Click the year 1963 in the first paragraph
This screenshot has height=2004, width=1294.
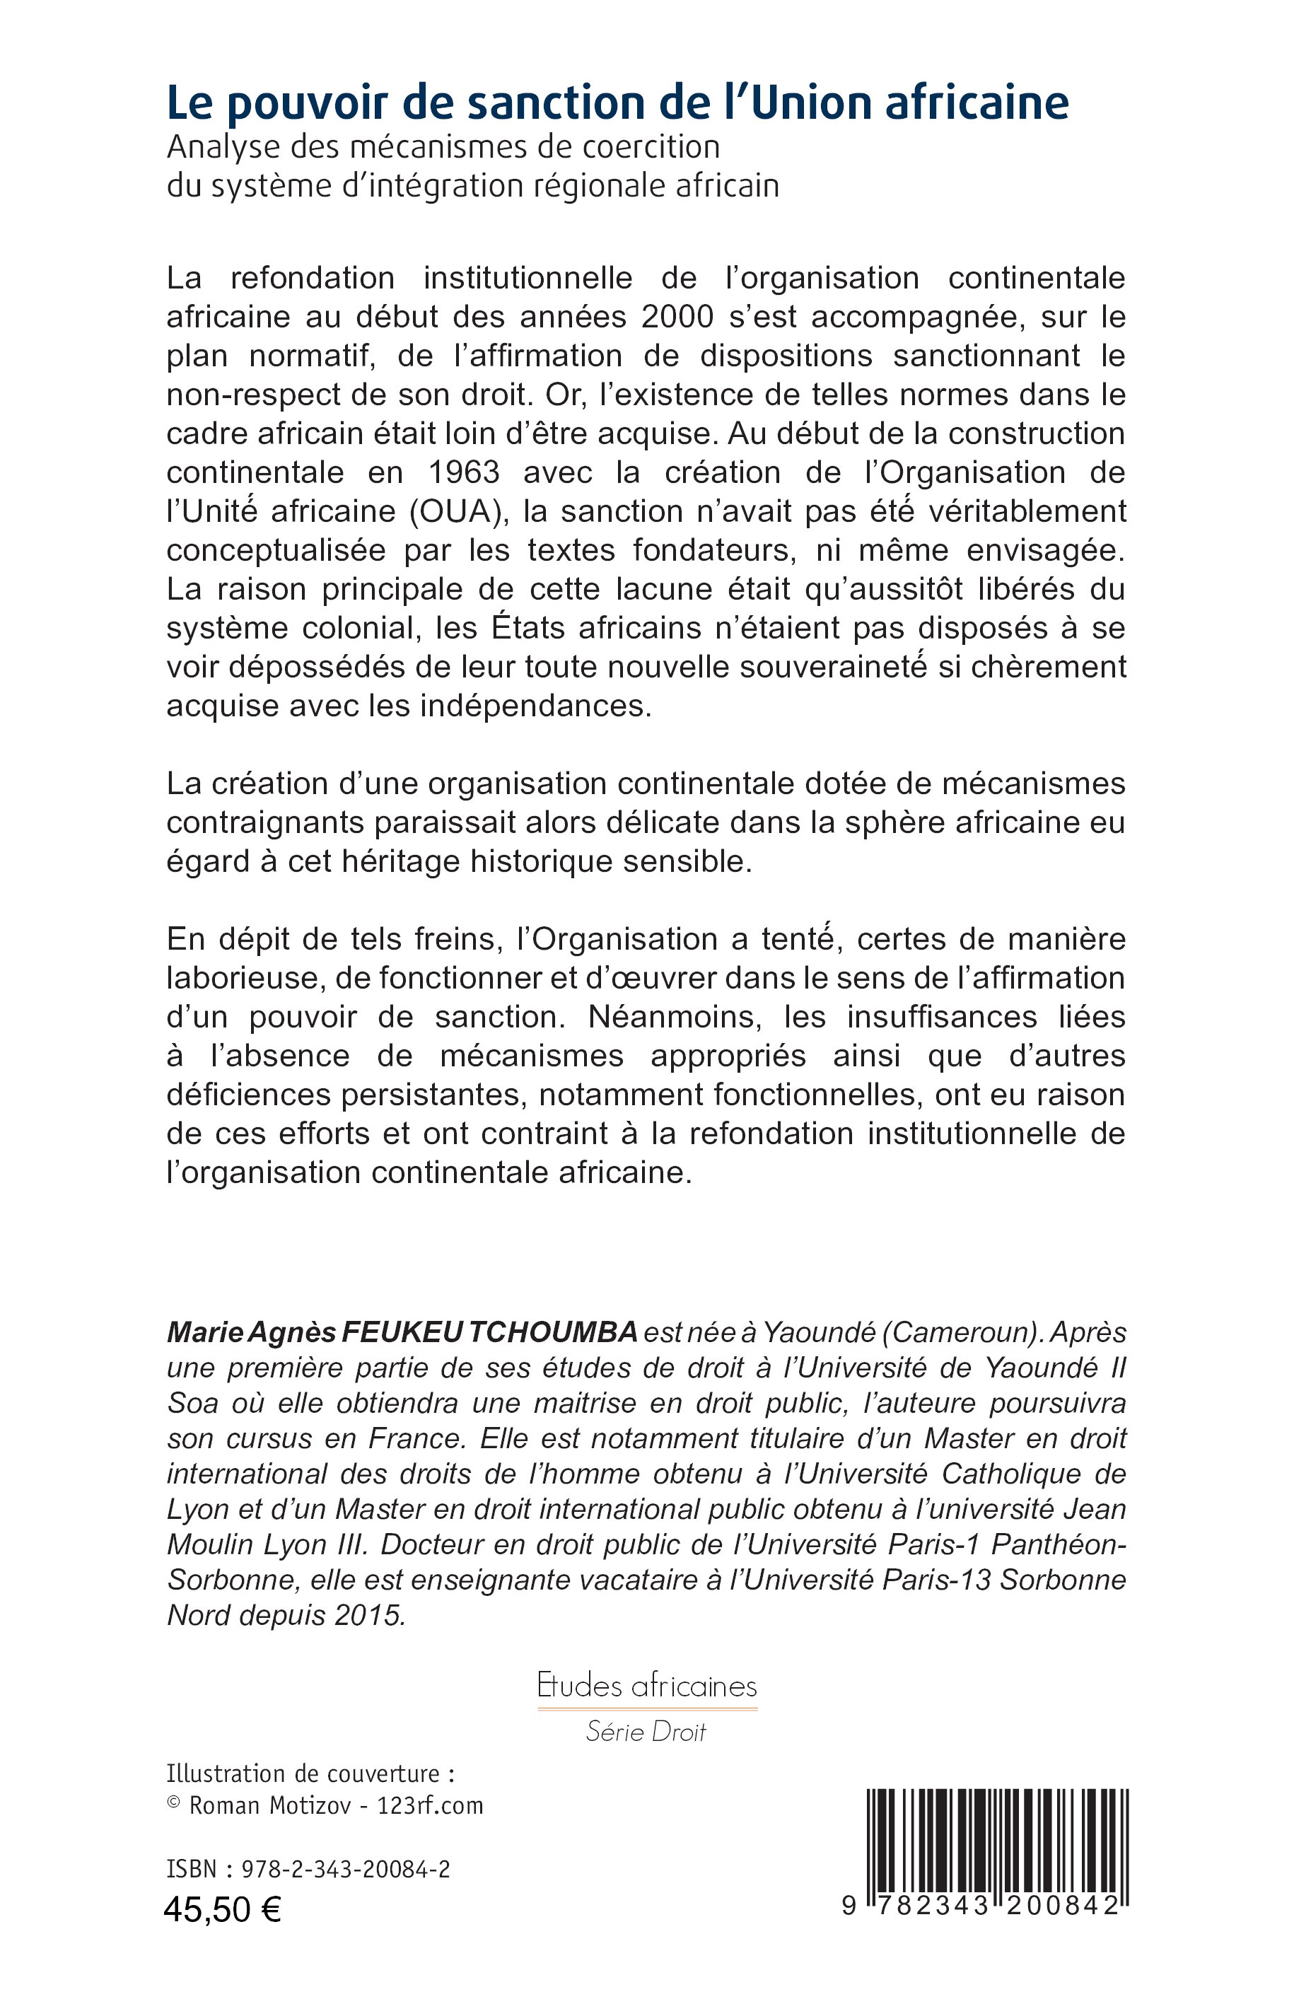464,472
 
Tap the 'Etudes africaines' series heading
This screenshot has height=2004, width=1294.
647,1686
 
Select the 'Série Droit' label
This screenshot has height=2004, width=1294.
646,1732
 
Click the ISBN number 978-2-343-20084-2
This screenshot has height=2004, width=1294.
345,1870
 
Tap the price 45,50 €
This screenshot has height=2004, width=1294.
223,1910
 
